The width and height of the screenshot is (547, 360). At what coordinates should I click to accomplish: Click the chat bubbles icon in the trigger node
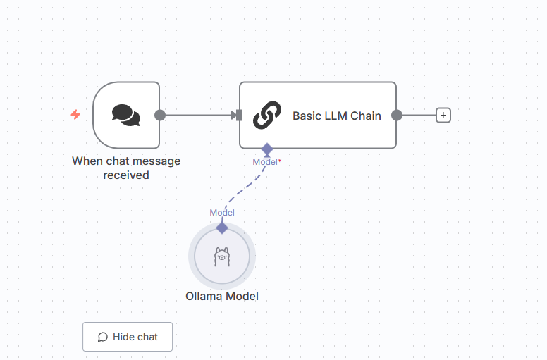(x=126, y=115)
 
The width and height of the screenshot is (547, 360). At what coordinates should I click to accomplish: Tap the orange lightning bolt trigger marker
(x=75, y=114)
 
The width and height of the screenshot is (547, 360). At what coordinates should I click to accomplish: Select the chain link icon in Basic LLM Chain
(x=267, y=116)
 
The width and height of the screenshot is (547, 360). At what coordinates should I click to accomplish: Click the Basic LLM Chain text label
(x=336, y=116)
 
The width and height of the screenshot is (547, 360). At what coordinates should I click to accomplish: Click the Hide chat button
(x=128, y=337)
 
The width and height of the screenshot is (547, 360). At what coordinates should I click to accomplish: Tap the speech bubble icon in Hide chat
(x=103, y=337)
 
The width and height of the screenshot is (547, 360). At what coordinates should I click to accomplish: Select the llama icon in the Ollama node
(x=222, y=256)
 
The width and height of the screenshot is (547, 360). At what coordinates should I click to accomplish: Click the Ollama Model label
(x=222, y=297)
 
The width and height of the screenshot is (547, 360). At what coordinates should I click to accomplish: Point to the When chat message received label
(x=126, y=168)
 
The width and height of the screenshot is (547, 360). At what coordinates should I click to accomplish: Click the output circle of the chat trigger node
(x=160, y=116)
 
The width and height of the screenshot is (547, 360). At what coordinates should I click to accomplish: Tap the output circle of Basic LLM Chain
(x=397, y=116)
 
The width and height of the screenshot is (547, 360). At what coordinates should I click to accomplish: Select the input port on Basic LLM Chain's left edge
(x=239, y=116)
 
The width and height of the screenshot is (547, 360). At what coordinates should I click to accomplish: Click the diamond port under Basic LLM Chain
(x=267, y=149)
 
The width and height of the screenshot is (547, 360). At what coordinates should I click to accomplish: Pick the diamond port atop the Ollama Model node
(x=222, y=228)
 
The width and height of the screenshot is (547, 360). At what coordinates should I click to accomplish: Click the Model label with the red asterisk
(x=265, y=162)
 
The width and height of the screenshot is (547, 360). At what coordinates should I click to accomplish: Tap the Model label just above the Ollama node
(x=222, y=213)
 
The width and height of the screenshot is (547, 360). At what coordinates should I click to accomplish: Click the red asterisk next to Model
(x=280, y=161)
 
